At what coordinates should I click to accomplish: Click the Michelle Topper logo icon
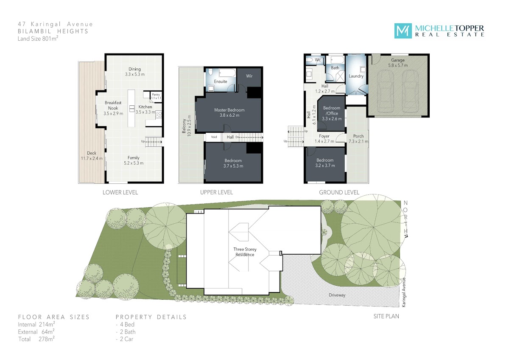point(403,31)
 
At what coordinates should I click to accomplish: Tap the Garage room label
point(398,60)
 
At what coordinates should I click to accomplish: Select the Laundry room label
point(356,76)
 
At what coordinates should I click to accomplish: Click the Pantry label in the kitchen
point(156,95)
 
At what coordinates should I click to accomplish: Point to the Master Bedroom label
point(229,110)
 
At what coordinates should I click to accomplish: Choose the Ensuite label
point(221,82)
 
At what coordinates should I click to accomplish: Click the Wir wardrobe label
point(249,76)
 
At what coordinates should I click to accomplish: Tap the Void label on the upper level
point(214,137)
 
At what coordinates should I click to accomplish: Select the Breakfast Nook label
point(113,106)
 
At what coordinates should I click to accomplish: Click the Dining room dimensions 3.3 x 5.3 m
point(134,74)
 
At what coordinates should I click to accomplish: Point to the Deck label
point(92,153)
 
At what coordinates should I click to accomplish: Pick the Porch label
point(358,136)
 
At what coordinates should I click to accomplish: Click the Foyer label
point(324,136)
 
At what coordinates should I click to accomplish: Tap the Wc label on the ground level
point(318,60)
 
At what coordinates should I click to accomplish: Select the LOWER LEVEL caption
point(120,192)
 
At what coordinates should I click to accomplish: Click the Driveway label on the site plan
point(337,295)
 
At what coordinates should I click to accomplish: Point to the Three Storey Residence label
point(245,252)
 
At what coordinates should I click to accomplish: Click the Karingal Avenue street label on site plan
point(403,292)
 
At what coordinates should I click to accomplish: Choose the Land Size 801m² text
point(38,39)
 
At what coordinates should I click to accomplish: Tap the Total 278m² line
point(36,339)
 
